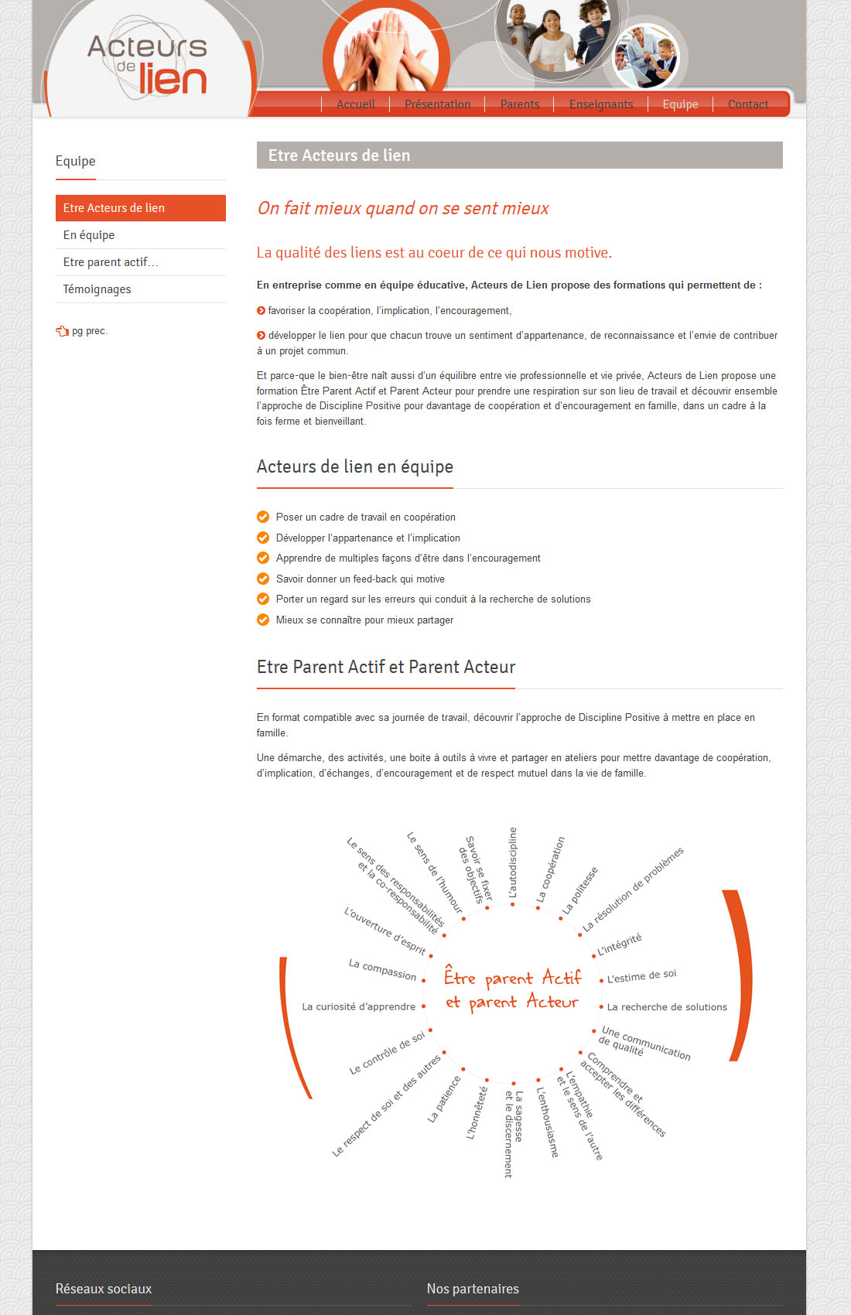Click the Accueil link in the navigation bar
pyautogui.click(x=355, y=104)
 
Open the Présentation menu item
pyautogui.click(x=437, y=104)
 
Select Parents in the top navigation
pyautogui.click(x=520, y=104)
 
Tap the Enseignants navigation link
pyautogui.click(x=601, y=104)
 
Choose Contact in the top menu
pyautogui.click(x=748, y=104)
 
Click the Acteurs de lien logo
pyautogui.click(x=148, y=64)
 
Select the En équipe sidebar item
pyautogui.click(x=89, y=235)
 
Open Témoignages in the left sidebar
pyautogui.click(x=97, y=289)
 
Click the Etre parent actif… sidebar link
pyautogui.click(x=111, y=262)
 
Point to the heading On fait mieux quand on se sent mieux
pyautogui.click(x=402, y=208)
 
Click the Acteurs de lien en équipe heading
pyautogui.click(x=355, y=466)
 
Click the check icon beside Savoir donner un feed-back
pyautogui.click(x=263, y=579)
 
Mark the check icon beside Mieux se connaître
pyautogui.click(x=263, y=620)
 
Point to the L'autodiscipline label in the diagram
pyautogui.click(x=512, y=862)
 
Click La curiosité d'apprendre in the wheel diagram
pyautogui.click(x=359, y=1006)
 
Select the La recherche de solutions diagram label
pyautogui.click(x=667, y=1007)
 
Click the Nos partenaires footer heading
pyautogui.click(x=473, y=1289)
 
